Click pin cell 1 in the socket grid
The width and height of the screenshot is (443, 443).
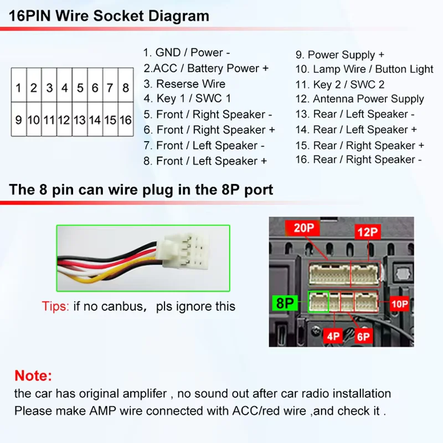tap(18, 87)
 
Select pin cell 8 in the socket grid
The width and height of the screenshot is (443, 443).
tap(126, 87)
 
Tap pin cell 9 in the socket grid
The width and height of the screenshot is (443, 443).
tap(18, 120)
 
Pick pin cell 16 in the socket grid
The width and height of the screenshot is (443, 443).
tap(126, 120)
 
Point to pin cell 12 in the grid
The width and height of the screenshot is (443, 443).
tap(64, 120)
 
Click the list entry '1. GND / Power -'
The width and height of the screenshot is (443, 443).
tap(187, 53)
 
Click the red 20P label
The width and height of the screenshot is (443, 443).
tap(303, 228)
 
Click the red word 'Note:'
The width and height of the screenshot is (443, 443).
tap(33, 375)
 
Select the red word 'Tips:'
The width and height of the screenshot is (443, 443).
tap(55, 306)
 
